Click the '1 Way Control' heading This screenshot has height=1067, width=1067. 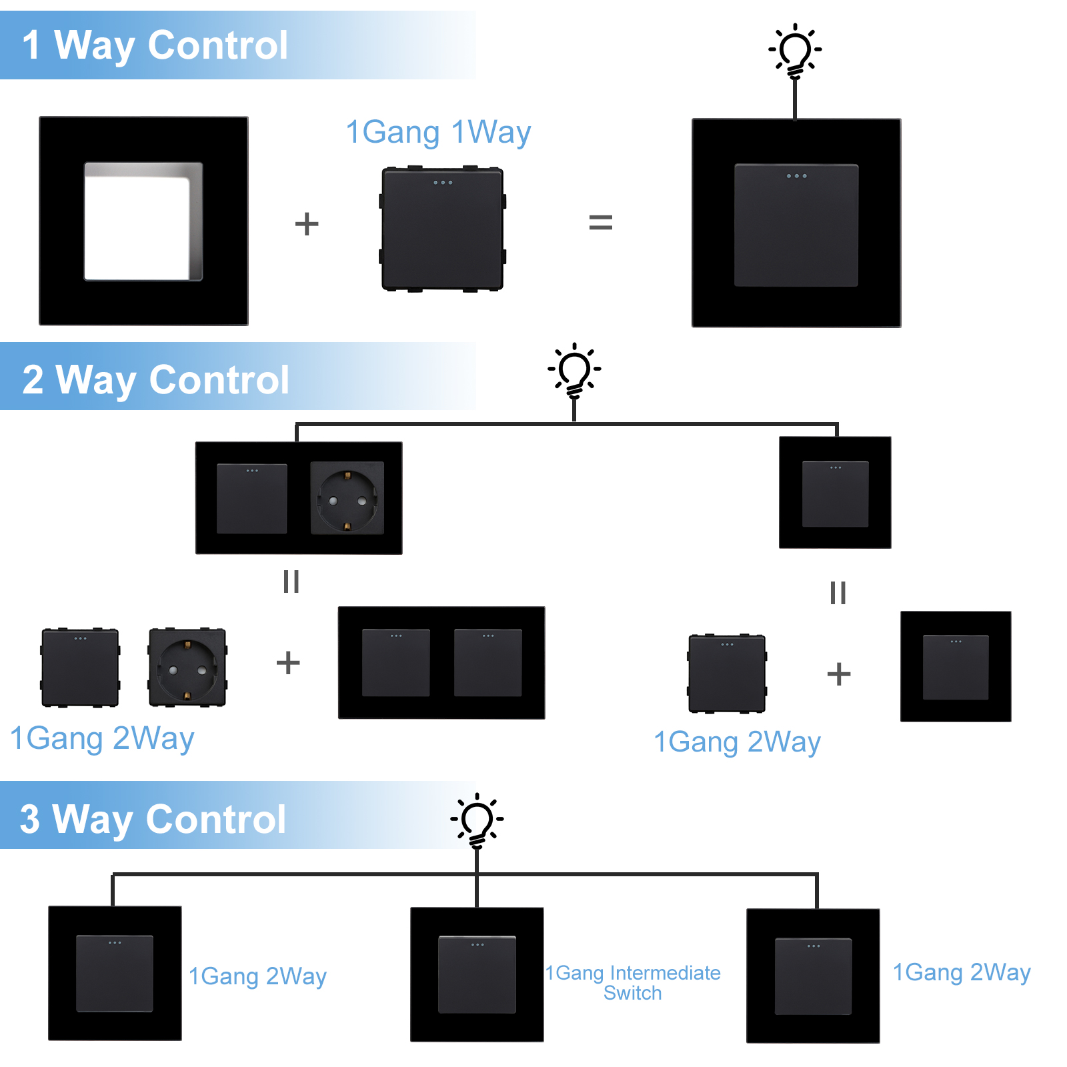click(155, 45)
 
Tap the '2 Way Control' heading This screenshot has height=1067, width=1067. click(155, 379)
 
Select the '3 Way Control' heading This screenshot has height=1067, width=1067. click(153, 818)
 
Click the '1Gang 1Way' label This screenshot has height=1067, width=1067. click(438, 132)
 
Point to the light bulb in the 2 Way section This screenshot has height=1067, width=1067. click(574, 371)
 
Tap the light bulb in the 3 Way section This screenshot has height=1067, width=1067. click(477, 820)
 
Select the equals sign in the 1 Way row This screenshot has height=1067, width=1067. click(600, 222)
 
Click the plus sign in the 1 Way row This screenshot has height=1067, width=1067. click(307, 224)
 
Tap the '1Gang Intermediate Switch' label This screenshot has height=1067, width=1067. click(632, 982)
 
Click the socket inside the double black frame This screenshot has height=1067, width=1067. click(347, 498)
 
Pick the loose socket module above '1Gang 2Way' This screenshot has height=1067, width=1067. click(187, 667)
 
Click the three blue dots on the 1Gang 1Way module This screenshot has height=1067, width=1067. click(443, 183)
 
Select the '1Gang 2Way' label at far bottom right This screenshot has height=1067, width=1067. click(962, 972)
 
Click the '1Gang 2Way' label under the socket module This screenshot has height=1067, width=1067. click(102, 738)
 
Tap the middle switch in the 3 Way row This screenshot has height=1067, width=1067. click(477, 974)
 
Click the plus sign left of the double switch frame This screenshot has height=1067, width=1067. click(288, 662)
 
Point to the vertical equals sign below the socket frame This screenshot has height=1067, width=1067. click(291, 582)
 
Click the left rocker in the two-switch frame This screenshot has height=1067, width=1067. click(395, 663)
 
